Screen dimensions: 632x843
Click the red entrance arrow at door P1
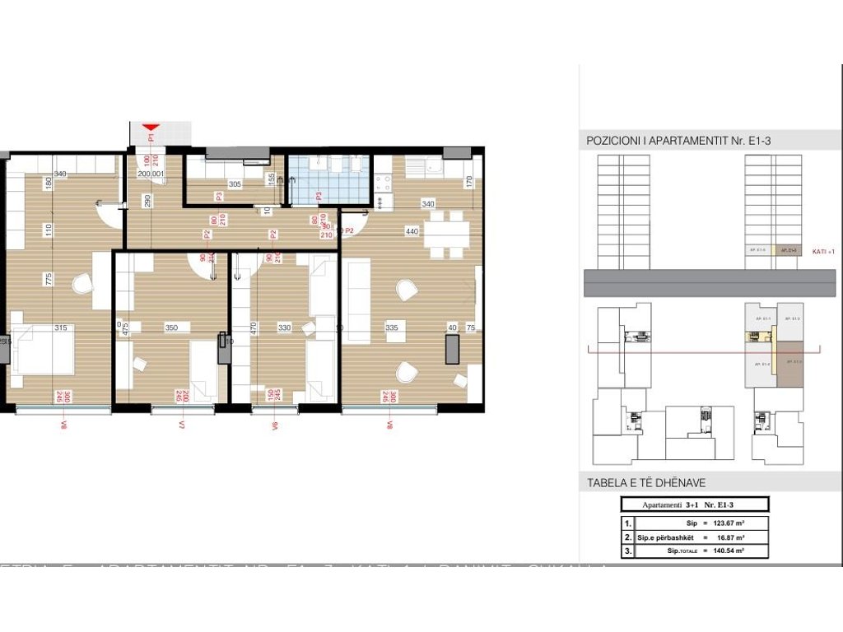point(150,128)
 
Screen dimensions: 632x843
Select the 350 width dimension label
point(171,328)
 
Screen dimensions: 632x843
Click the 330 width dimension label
point(284,328)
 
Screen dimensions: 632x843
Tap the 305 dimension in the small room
point(235,184)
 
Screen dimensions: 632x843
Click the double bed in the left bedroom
point(41,352)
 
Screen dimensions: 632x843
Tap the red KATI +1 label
point(823,252)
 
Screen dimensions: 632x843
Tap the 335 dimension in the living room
point(391,328)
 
